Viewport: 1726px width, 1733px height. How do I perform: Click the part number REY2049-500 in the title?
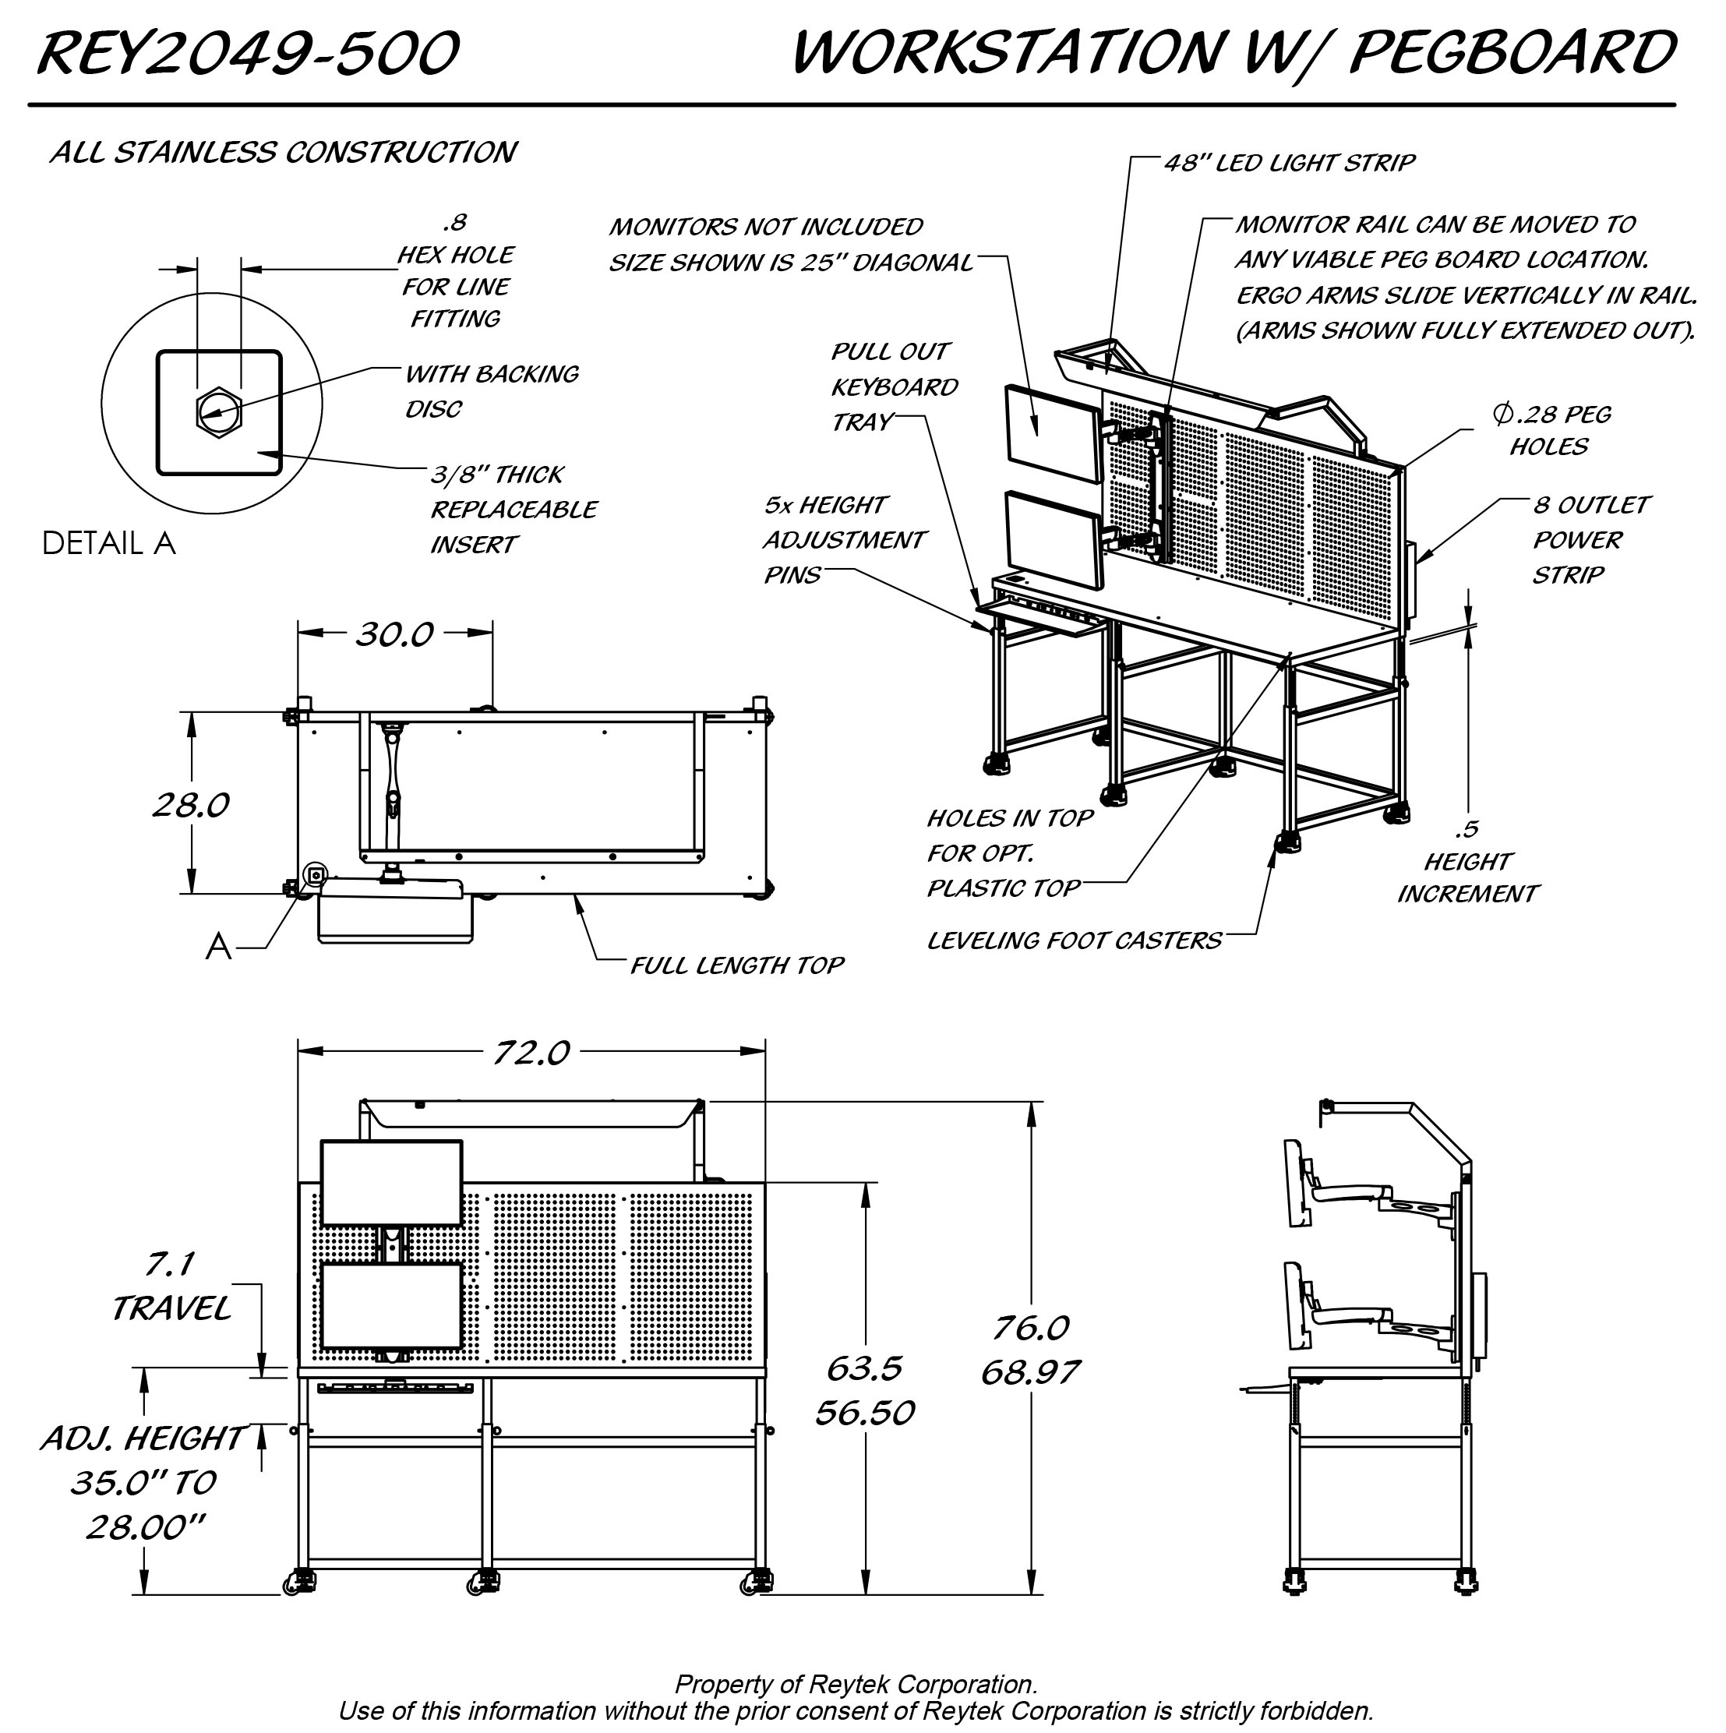click(248, 53)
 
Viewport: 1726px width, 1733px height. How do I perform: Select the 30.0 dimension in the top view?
click(395, 634)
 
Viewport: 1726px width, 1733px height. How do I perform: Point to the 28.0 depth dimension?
click(191, 805)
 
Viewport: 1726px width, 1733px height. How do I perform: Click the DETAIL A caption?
click(108, 544)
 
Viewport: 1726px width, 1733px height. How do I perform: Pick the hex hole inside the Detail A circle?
click(219, 411)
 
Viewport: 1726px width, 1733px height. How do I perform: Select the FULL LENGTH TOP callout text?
click(736, 965)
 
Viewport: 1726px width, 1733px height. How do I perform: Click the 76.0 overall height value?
click(1031, 1328)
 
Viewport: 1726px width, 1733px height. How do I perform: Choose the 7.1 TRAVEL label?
click(171, 1287)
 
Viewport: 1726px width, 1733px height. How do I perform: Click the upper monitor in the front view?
click(391, 1182)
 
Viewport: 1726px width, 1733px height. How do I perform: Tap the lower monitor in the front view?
click(391, 1306)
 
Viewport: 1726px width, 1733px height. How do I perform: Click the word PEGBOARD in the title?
click(1512, 53)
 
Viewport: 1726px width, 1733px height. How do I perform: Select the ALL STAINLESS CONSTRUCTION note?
click(283, 153)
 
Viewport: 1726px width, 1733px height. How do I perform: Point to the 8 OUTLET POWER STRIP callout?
click(1590, 539)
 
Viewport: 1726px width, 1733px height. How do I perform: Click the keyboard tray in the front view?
click(395, 1389)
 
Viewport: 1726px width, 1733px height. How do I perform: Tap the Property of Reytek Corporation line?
click(856, 1685)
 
